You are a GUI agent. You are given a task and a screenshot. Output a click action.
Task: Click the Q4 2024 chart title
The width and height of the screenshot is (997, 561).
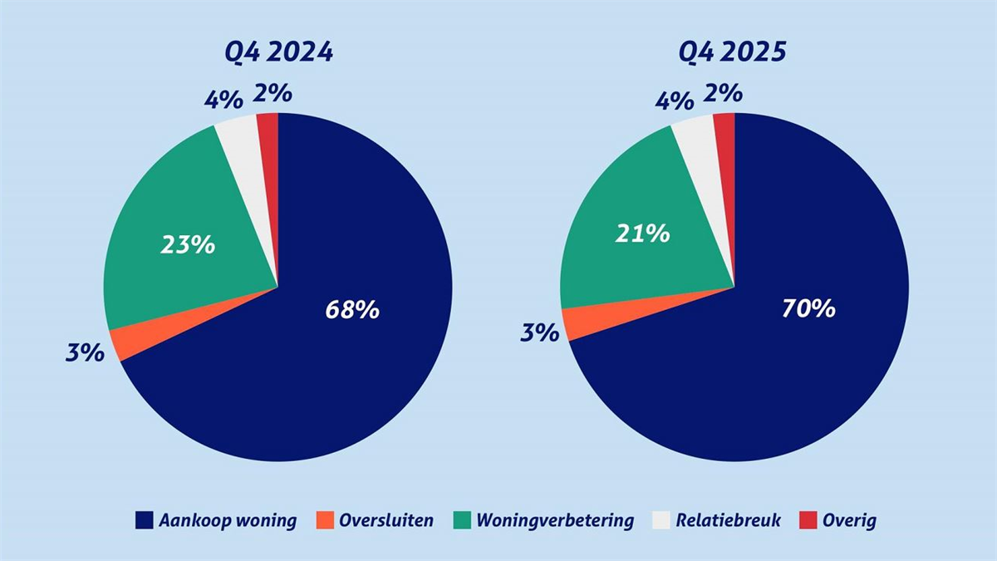tap(278, 52)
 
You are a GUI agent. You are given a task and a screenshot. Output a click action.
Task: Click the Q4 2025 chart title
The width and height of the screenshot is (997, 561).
tap(733, 52)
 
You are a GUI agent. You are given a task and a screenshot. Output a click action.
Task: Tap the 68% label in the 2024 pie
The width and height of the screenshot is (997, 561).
tap(351, 310)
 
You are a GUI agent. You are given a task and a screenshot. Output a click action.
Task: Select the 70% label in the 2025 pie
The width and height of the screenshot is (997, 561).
tap(808, 309)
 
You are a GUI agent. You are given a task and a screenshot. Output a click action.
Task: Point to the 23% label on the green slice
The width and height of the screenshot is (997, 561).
tap(188, 245)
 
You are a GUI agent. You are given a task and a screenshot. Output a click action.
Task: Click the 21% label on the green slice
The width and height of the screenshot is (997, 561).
tap(642, 234)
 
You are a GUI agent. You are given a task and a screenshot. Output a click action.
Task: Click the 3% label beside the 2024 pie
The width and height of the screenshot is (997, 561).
tap(86, 352)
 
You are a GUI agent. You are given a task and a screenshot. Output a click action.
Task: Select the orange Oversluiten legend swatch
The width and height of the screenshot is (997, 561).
tap(325, 521)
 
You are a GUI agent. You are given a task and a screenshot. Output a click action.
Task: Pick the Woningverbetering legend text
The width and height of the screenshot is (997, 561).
tap(555, 521)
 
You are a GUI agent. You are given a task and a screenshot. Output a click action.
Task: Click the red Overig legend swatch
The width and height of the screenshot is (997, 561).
tap(807, 521)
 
